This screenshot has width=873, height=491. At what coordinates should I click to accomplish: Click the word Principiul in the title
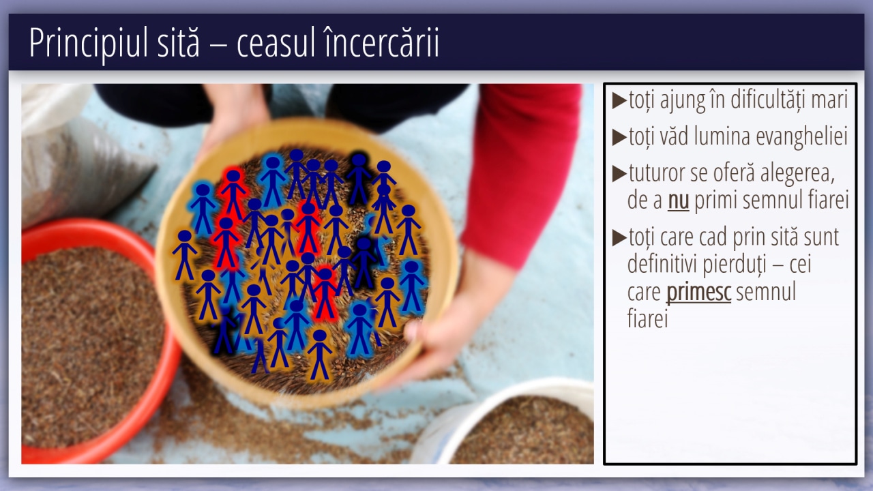click(89, 43)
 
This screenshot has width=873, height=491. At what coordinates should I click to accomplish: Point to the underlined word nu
click(678, 200)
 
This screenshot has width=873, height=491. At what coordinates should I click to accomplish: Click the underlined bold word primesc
click(698, 293)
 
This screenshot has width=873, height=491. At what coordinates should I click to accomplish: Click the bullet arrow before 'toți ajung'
click(619, 100)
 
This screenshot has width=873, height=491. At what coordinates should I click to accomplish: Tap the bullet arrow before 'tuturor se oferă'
click(619, 174)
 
